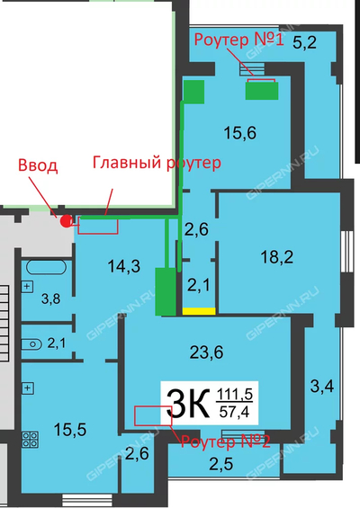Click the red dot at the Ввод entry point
click(x=67, y=221)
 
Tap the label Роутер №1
click(x=239, y=40)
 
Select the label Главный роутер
click(x=157, y=163)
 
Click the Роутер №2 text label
click(x=225, y=441)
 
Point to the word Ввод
click(x=38, y=165)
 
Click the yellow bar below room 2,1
click(x=199, y=311)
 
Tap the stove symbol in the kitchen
click(x=31, y=440)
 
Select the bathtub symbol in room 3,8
click(x=47, y=268)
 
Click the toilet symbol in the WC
click(x=31, y=344)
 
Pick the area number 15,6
click(x=240, y=133)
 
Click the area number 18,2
click(x=277, y=257)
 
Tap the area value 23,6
click(x=206, y=352)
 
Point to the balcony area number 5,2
click(x=304, y=42)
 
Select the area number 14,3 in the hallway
click(x=124, y=266)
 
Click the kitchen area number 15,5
click(x=70, y=430)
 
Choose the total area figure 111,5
click(x=235, y=395)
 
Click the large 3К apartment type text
click(x=188, y=405)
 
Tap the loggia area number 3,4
click(x=322, y=387)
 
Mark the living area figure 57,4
click(x=235, y=412)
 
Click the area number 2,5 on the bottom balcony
click(x=220, y=464)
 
